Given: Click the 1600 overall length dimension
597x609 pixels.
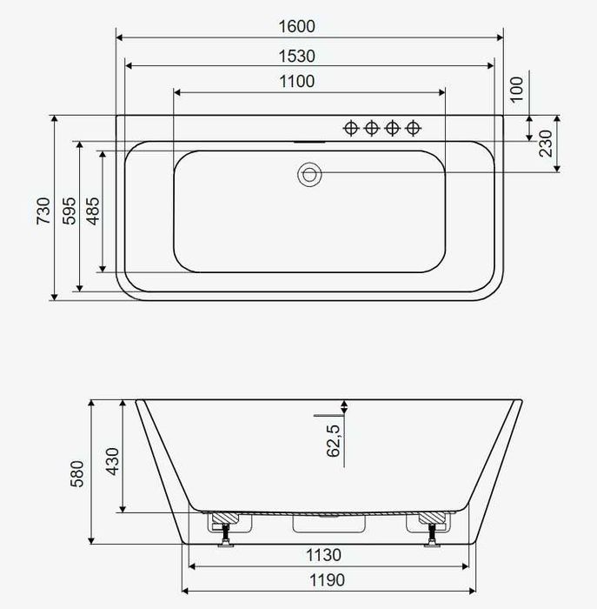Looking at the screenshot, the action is coord(296,26).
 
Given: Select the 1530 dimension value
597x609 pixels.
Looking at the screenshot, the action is coord(296,57).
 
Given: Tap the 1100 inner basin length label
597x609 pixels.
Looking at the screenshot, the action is coord(296,82).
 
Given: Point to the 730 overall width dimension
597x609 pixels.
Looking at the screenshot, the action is coord(43,211).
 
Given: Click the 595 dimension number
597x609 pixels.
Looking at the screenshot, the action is coord(70,211).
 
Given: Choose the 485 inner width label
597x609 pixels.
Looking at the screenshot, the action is coord(93,211).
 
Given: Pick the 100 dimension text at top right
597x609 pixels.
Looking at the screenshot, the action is coord(516,90).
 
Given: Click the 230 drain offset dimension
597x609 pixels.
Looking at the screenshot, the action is coord(546,144).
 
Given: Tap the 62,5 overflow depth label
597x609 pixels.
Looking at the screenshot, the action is coord(333,441).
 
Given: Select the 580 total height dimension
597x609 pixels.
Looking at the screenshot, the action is coord(76,474).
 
